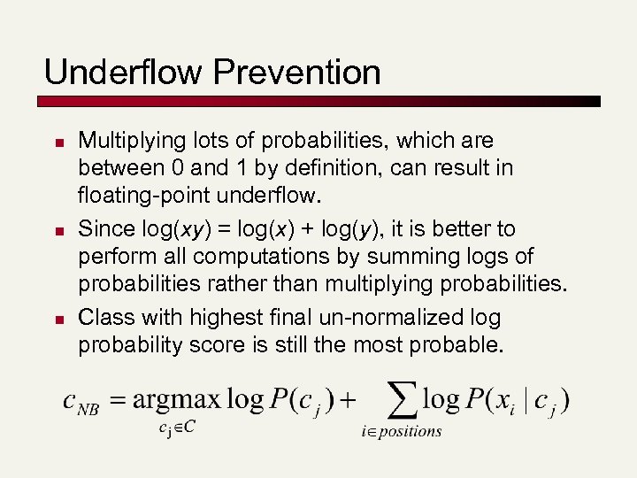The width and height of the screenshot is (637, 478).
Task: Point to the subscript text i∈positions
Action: tap(401, 432)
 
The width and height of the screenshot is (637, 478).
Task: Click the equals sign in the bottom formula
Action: tap(115, 400)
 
